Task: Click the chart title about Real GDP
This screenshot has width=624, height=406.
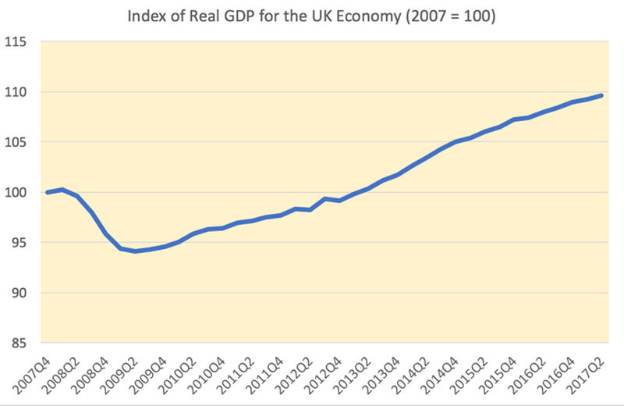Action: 312,15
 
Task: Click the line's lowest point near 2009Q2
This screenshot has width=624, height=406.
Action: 135,251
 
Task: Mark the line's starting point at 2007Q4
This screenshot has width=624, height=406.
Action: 48,192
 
